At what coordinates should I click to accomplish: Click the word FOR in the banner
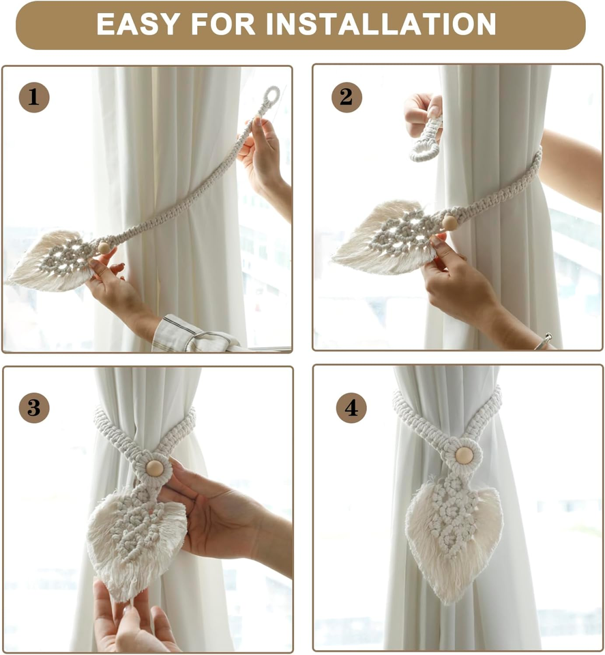[223, 25]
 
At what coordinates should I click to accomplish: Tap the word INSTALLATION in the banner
[381, 25]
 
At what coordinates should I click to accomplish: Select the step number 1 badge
[34, 97]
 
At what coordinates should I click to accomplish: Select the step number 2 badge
[346, 97]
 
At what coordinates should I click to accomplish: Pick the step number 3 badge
[34, 408]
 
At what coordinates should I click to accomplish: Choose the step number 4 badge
[351, 408]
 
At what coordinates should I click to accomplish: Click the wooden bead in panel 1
[104, 248]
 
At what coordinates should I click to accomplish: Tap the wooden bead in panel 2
[449, 222]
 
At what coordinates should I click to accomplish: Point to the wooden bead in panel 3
[154, 468]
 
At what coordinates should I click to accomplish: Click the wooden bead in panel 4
[464, 455]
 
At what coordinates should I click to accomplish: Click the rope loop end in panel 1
[272, 96]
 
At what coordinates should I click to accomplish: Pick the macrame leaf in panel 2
[388, 237]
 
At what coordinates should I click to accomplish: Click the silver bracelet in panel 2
[544, 341]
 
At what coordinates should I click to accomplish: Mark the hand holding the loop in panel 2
[422, 113]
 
